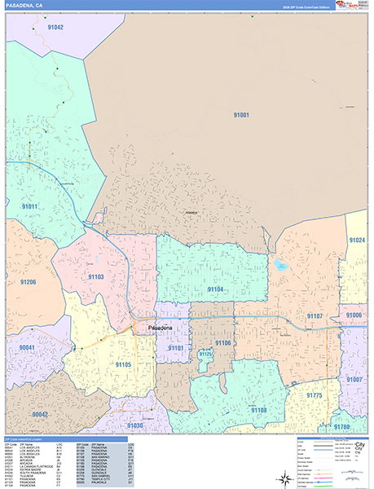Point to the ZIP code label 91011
(x=30, y=206)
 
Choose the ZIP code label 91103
(x=96, y=277)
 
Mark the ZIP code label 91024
(x=357, y=240)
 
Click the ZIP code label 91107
(x=315, y=315)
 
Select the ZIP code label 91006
(x=354, y=315)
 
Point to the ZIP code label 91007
(x=354, y=380)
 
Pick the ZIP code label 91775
(x=315, y=395)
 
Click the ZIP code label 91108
(x=258, y=410)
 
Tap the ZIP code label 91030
(x=134, y=425)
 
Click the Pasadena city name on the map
(x=165, y=328)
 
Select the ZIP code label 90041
(x=27, y=347)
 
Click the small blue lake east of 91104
(x=281, y=266)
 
